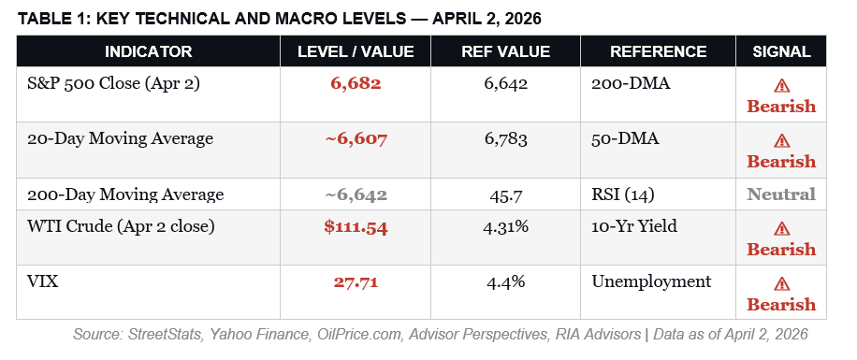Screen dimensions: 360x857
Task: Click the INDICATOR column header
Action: [x=148, y=51]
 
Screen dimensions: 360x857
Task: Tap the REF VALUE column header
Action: [x=506, y=51]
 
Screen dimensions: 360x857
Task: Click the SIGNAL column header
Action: [x=781, y=51]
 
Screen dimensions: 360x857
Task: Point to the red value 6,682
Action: [x=356, y=84]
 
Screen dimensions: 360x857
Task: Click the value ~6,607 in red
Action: [x=356, y=139]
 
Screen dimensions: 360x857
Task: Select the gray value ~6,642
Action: [x=356, y=194]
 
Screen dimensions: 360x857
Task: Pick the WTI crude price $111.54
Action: [x=356, y=227]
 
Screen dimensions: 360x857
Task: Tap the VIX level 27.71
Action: [x=356, y=281]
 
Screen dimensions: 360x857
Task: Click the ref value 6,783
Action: [x=506, y=139]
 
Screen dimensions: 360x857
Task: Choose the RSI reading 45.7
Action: [x=506, y=194]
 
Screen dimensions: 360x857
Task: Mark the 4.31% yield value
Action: [x=506, y=227]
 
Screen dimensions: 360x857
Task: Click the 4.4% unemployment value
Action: [x=506, y=281]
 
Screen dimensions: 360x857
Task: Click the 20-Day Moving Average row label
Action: [x=122, y=139]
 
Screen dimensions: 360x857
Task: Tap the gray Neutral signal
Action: [x=781, y=194]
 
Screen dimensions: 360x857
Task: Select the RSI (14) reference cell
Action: [x=624, y=194]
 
